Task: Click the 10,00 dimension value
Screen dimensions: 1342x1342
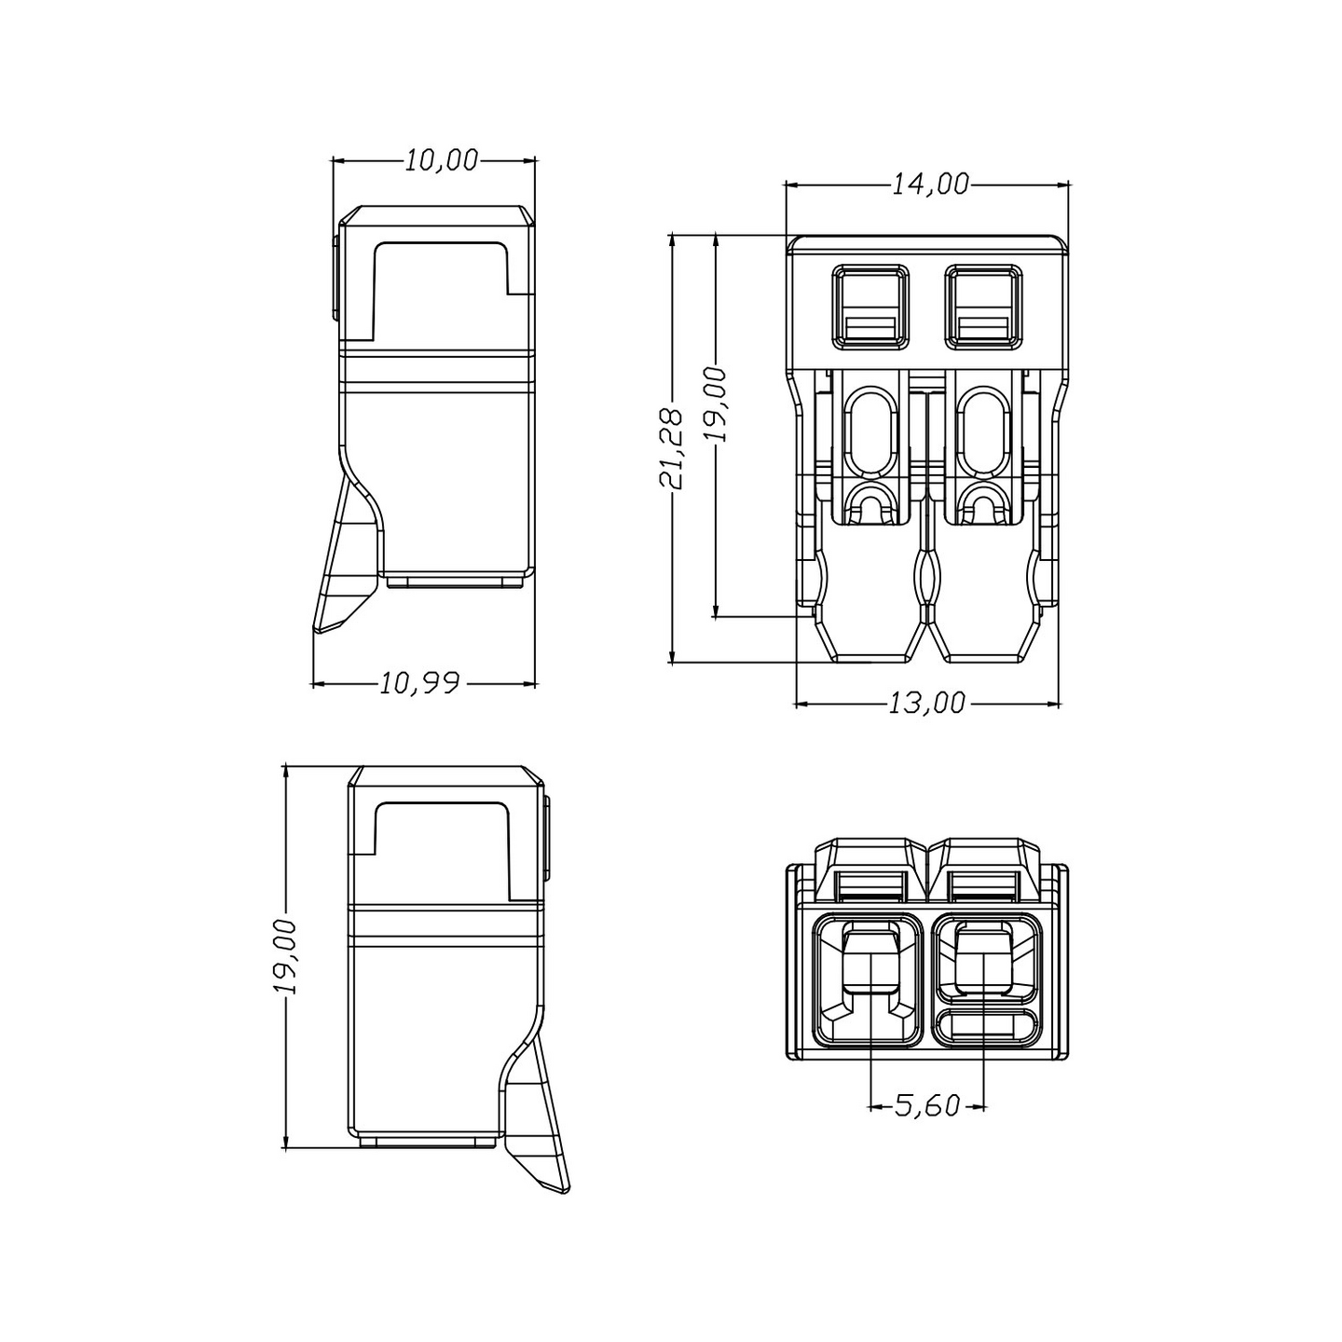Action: pyautogui.click(x=442, y=161)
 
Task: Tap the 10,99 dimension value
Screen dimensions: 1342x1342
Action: pyautogui.click(x=420, y=684)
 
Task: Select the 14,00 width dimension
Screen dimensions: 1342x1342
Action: pyautogui.click(x=930, y=184)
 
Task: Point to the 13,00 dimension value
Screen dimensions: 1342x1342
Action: pyautogui.click(x=927, y=704)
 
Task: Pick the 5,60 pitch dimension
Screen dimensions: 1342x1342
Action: pyautogui.click(x=927, y=1105)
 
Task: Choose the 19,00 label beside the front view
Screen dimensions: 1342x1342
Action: pyautogui.click(x=716, y=404)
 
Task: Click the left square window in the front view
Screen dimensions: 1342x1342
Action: pyautogui.click(x=870, y=307)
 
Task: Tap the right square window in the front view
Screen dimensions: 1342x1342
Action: pyautogui.click(x=984, y=307)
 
